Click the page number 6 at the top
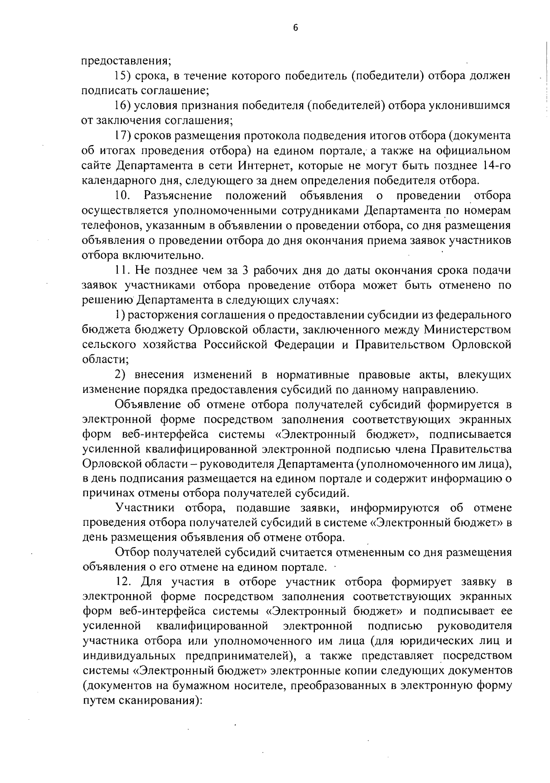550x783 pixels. click(295, 28)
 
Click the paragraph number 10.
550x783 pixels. click(123, 196)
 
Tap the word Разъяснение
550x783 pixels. click(178, 196)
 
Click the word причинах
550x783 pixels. click(105, 494)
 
